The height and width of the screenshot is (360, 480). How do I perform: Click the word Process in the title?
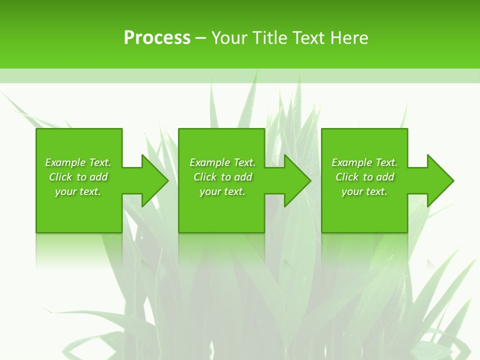(157, 38)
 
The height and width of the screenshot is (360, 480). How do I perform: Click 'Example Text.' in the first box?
(78, 162)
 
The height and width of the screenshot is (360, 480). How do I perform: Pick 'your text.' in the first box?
(78, 191)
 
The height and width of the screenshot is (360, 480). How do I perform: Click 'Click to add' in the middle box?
(222, 177)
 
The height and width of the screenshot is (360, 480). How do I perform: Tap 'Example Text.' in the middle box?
(222, 162)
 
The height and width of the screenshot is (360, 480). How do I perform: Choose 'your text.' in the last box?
(364, 191)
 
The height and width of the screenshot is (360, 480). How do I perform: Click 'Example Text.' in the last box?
(364, 162)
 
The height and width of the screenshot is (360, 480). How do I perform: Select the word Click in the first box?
(60, 177)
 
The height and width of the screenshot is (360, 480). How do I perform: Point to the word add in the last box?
(385, 177)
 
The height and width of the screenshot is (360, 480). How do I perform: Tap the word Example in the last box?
(352, 162)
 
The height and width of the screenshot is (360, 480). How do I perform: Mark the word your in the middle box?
(210, 192)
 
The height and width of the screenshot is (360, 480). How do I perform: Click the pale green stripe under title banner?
(240, 75)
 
